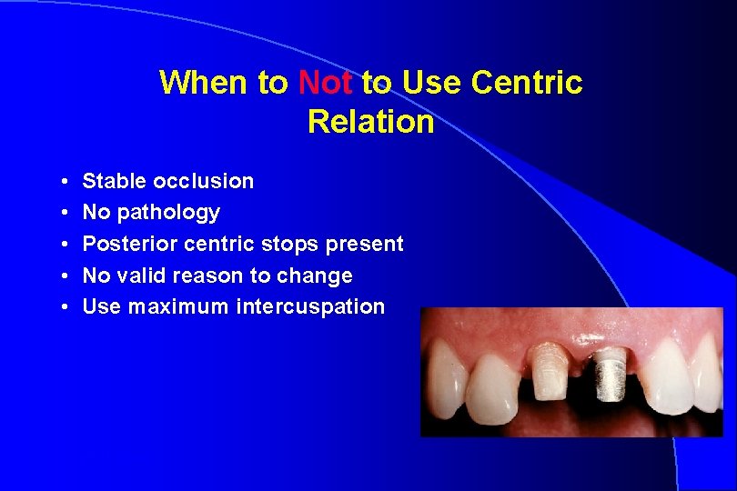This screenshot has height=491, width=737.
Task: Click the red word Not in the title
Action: coord(326,83)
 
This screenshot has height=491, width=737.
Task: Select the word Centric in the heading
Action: coord(527,83)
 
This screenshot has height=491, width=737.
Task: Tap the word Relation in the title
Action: coord(371,121)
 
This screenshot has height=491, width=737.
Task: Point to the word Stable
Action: coord(112,181)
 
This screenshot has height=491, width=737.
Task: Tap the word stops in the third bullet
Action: coord(287,244)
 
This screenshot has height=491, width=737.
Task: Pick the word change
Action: coord(316,276)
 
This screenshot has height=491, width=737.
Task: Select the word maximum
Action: coord(178,307)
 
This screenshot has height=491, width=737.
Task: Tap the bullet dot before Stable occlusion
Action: coord(69,182)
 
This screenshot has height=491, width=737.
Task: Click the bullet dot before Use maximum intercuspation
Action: coord(69,307)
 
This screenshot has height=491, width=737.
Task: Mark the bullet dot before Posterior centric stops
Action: coord(69,245)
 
